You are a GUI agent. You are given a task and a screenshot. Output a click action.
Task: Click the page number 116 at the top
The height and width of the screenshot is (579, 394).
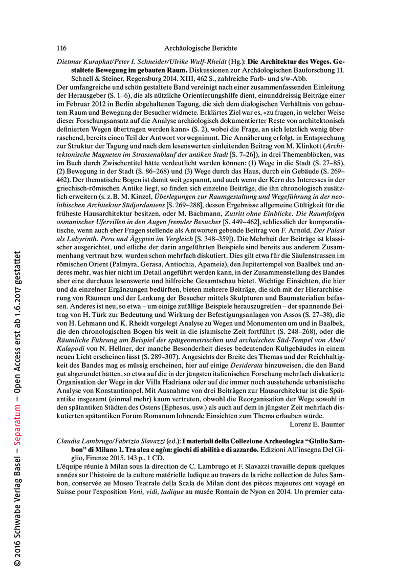61,48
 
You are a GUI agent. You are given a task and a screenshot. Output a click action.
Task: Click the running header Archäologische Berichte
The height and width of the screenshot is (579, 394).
201,48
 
